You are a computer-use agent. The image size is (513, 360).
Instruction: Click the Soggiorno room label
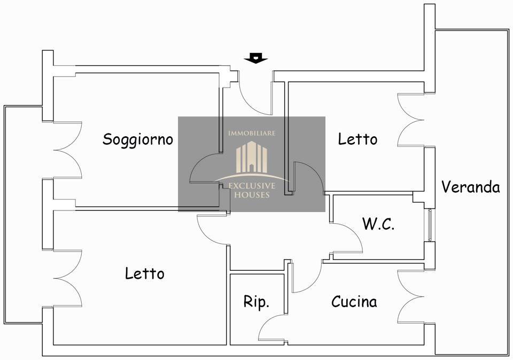[x=138, y=139]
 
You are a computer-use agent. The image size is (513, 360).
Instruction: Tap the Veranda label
[x=470, y=187]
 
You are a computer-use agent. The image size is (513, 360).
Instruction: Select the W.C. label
[x=378, y=224]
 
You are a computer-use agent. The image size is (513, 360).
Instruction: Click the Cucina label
[x=354, y=302]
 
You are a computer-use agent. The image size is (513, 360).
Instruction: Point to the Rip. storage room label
[x=256, y=302]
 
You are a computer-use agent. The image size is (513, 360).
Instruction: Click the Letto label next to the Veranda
[x=357, y=139]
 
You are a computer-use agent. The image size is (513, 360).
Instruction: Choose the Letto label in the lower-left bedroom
[x=144, y=273]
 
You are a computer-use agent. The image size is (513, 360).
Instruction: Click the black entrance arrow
[x=256, y=58]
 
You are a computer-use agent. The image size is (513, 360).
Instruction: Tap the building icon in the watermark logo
[x=251, y=158]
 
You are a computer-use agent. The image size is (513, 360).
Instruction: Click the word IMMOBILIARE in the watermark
[x=251, y=133]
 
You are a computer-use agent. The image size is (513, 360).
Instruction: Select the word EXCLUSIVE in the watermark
[x=252, y=186]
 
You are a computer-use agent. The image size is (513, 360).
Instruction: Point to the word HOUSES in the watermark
[x=252, y=195]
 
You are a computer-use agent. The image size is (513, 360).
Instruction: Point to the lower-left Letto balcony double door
[x=67, y=278]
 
